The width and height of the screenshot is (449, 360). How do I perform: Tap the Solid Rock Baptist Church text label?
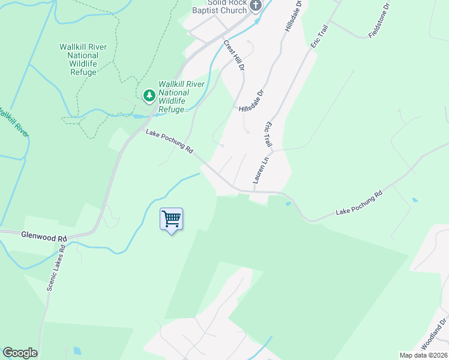(220, 7)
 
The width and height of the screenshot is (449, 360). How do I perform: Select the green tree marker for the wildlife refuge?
(149, 95)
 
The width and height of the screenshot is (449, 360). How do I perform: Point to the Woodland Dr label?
(435, 335)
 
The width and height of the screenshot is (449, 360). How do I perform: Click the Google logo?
(20, 353)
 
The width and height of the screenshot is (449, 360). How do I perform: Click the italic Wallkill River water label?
(13, 122)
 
